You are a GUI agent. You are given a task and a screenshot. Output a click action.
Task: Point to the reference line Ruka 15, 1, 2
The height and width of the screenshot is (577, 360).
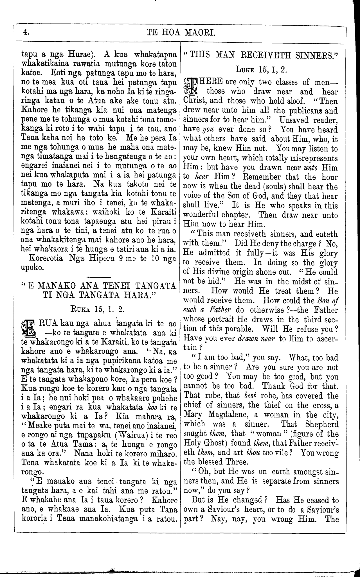click(x=98, y=309)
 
